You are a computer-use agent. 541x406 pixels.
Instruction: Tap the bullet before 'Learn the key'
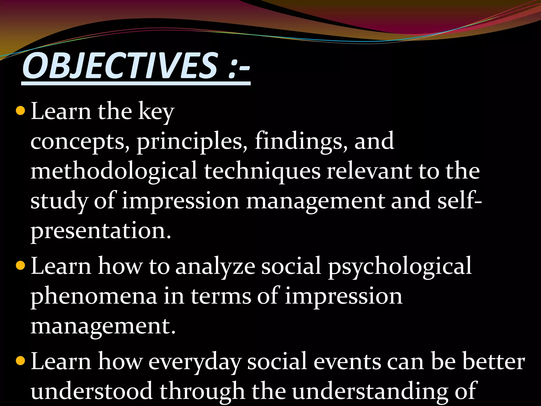[20, 111]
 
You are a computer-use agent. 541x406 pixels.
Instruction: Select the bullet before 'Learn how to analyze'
[20, 266]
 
